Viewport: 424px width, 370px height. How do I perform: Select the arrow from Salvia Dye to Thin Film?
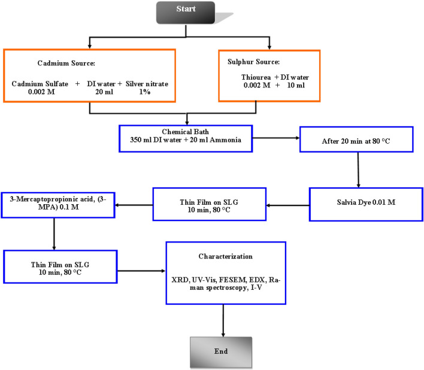[x=288, y=205]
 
